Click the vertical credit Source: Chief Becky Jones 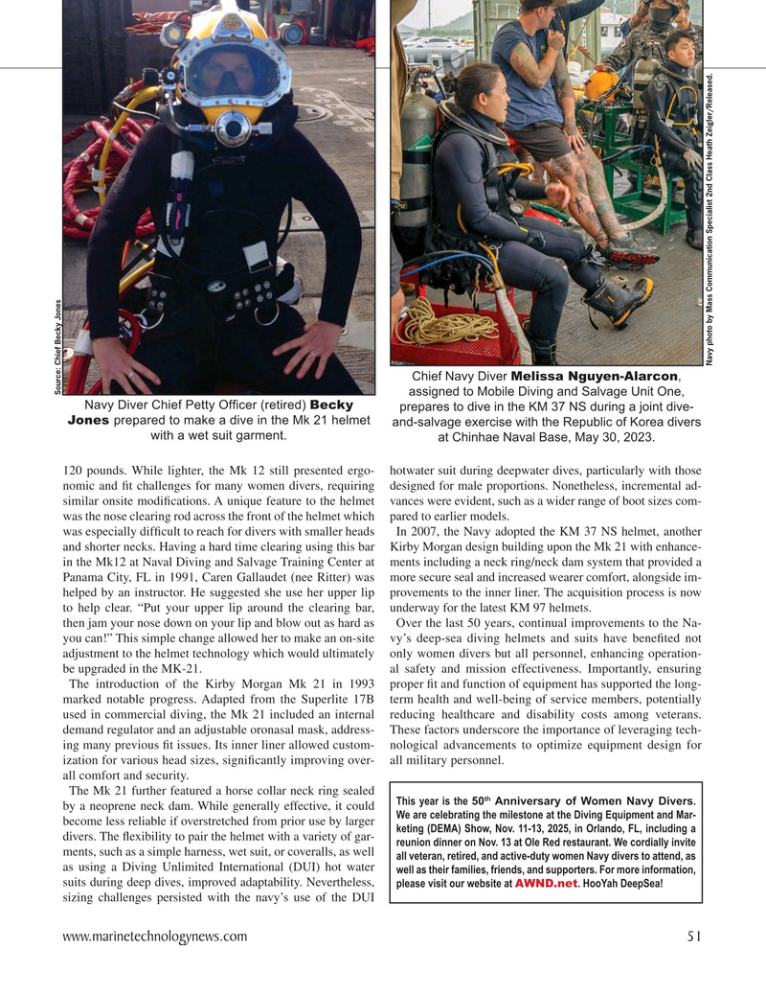click(x=58, y=346)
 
